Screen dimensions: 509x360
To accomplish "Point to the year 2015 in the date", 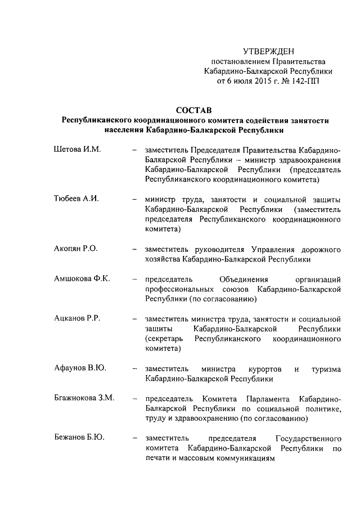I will (264, 81).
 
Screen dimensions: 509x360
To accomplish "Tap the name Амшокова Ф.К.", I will (82, 279).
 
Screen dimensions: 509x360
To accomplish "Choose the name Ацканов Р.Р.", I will (76, 319).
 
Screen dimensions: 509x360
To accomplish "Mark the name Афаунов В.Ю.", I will (80, 368).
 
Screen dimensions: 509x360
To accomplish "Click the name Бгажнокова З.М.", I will (84, 398).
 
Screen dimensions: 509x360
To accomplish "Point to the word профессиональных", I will (178, 289).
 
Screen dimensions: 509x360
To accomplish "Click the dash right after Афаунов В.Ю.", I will (133, 369).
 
